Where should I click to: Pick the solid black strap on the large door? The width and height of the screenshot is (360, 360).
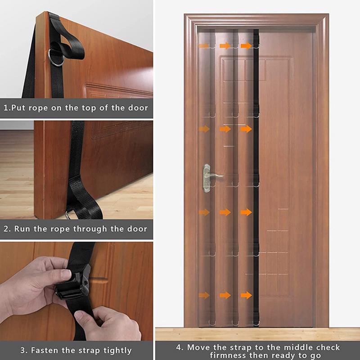coord(256,180)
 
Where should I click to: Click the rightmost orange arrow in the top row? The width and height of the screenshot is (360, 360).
coord(246,46)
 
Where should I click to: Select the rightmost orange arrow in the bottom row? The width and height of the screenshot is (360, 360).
coord(246,295)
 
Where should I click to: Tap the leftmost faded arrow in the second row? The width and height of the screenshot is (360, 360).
coord(204,129)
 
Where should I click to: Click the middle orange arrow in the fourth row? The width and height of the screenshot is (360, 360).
coord(225,212)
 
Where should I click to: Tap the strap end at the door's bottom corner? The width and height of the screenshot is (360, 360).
coord(81,202)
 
